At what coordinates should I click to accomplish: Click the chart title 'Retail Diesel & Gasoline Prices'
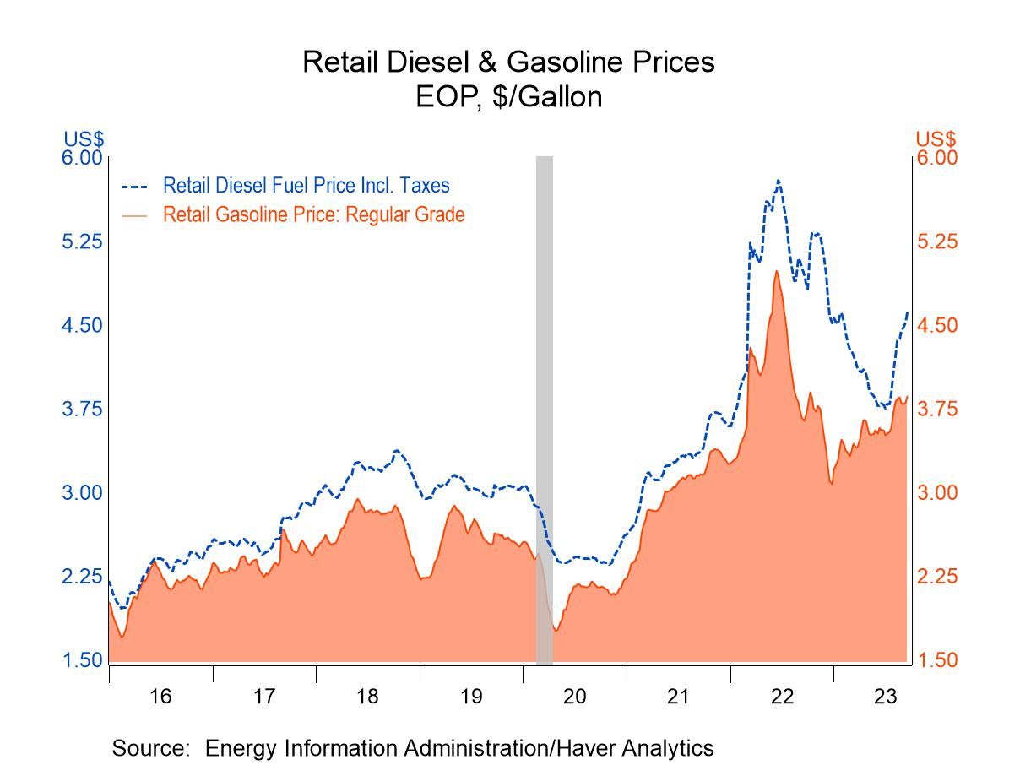[508, 62]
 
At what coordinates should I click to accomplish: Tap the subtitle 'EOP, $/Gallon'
[508, 97]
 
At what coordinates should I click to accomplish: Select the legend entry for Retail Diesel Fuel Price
[306, 185]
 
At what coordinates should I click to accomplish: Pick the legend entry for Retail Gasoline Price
[313, 214]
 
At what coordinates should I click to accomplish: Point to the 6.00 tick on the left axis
[82, 158]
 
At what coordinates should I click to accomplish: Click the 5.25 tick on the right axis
[937, 241]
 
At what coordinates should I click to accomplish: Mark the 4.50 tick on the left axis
[82, 325]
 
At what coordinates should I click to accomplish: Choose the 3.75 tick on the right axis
[937, 409]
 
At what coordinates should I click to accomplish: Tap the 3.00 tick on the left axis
[82, 492]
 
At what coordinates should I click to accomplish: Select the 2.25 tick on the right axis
[937, 576]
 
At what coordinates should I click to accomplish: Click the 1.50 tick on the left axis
[82, 659]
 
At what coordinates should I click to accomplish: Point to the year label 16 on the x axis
[160, 697]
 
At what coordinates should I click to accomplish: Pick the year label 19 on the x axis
[471, 697]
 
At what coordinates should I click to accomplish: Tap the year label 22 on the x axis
[783, 697]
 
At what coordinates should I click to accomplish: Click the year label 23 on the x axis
[885, 697]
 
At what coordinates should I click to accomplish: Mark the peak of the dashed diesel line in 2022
[778, 180]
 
